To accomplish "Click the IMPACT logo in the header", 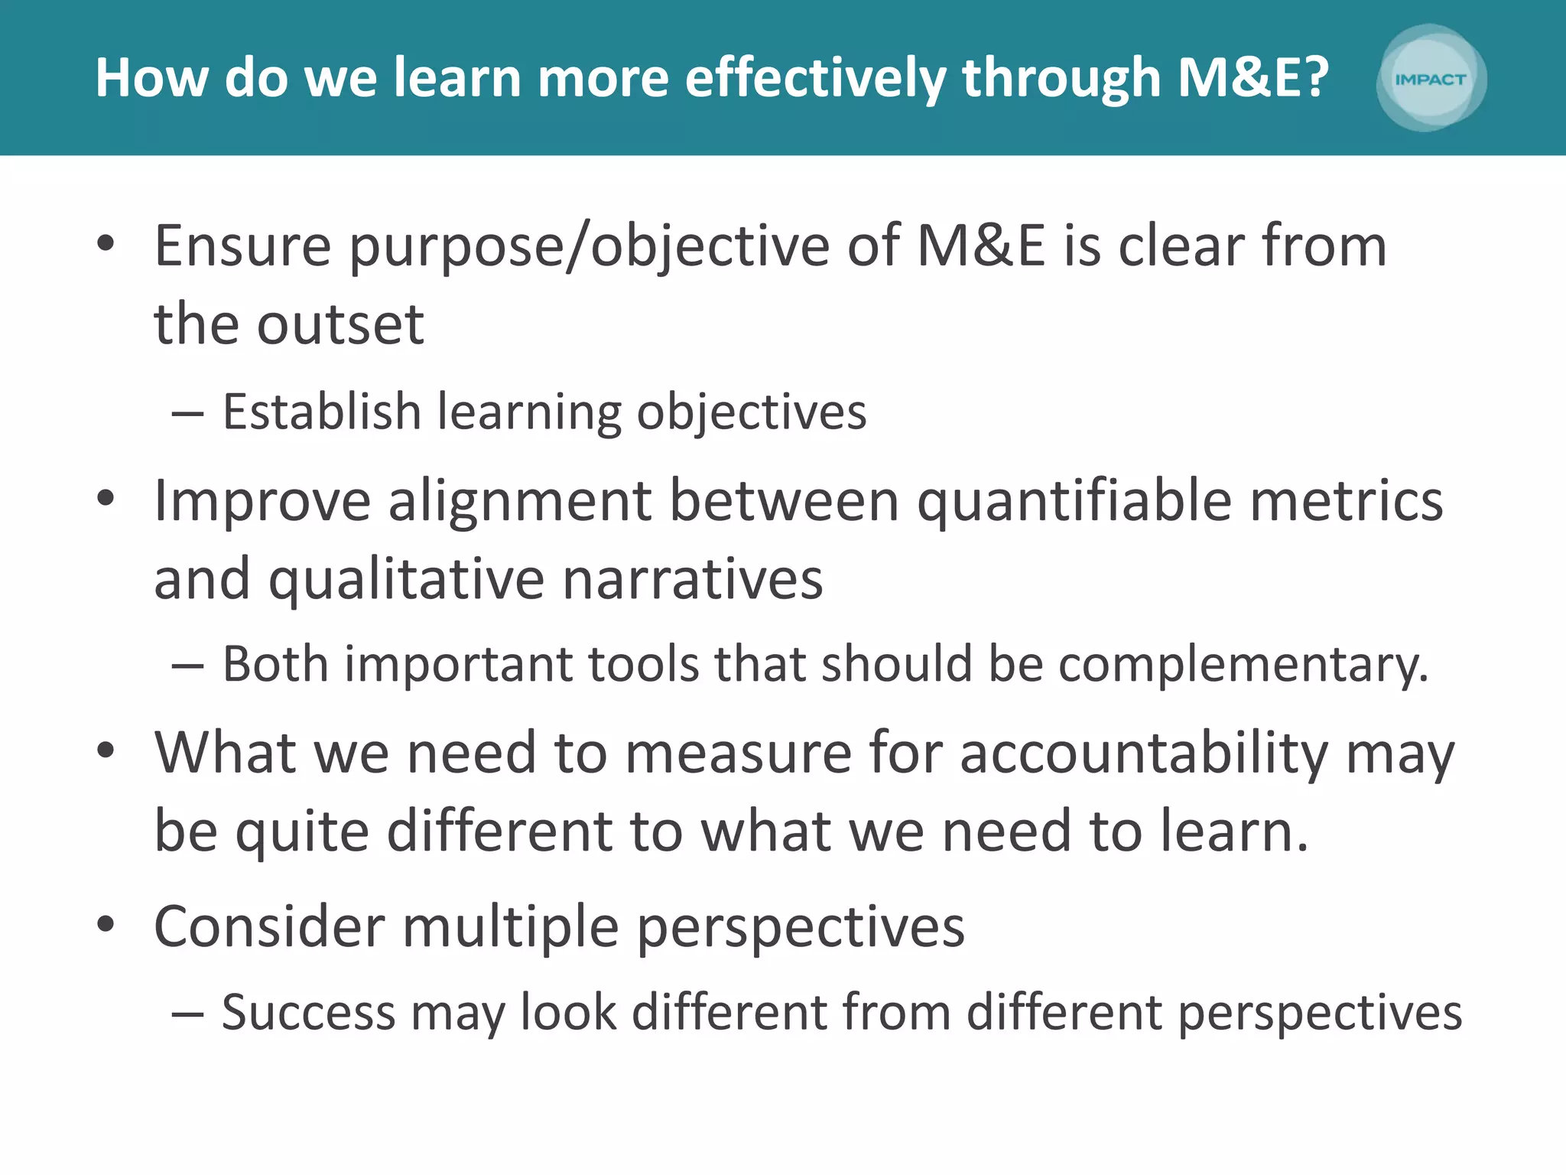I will pyautogui.click(x=1431, y=78).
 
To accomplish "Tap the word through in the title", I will pyautogui.click(x=1062, y=80).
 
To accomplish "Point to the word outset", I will pyautogui.click(x=340, y=324).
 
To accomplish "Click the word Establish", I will pyautogui.click(x=321, y=412).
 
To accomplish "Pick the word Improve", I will pyautogui.click(x=262, y=502).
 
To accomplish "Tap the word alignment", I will pyautogui.click(x=520, y=502).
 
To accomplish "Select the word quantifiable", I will pyautogui.click(x=1074, y=502).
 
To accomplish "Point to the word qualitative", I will pyautogui.click(x=406, y=580).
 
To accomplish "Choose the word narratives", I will pyautogui.click(x=693, y=580).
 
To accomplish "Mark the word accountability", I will pyautogui.click(x=1144, y=754).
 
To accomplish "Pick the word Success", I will pyautogui.click(x=309, y=1013).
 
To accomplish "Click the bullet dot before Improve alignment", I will pyautogui.click(x=106, y=499).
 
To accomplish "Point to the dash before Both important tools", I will pyautogui.click(x=187, y=666).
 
